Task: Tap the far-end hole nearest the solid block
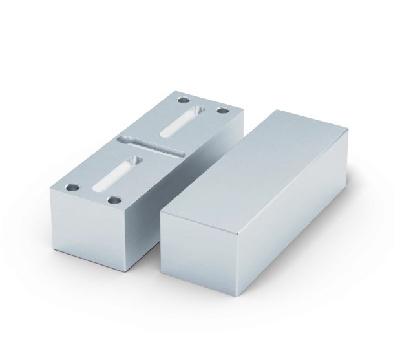[223, 111]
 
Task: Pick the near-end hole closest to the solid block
[114, 200]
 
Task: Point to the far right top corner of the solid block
[349, 129]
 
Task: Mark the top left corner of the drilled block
[50, 189]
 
